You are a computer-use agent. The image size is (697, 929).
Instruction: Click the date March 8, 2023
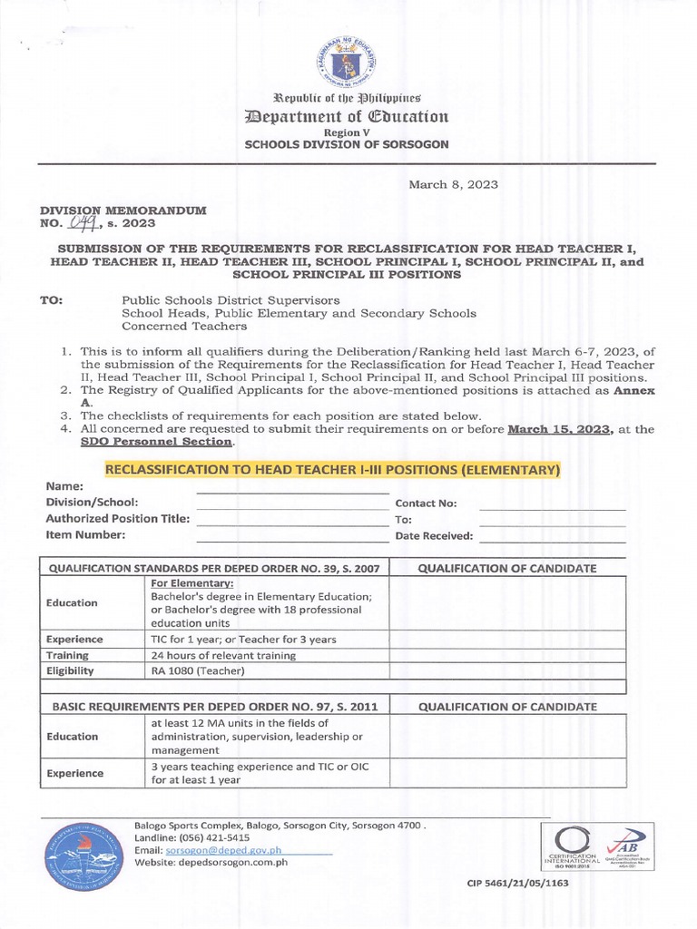453,184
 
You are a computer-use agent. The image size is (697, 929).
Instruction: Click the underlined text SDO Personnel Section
182,442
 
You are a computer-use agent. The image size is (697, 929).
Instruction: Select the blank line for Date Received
552,537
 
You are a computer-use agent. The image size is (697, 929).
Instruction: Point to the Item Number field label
85,535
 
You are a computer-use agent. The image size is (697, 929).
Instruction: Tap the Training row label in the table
67,655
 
